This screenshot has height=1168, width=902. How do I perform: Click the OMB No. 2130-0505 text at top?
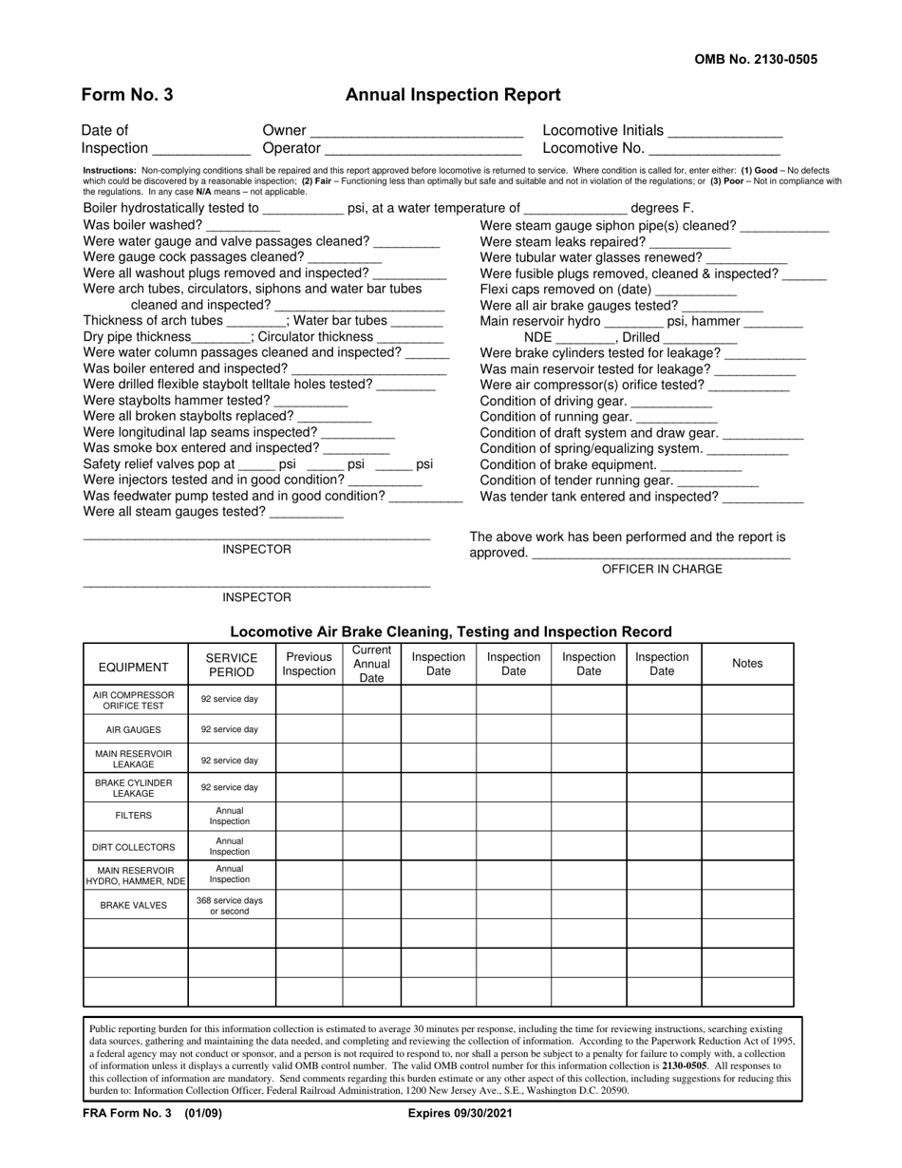coord(756,59)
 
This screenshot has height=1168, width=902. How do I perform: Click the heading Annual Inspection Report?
coord(453,95)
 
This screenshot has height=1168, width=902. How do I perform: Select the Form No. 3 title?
coord(127,95)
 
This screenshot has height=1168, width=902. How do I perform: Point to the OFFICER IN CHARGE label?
coord(662,569)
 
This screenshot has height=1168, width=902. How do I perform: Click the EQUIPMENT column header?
coord(134,666)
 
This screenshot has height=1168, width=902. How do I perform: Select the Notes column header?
coord(747,664)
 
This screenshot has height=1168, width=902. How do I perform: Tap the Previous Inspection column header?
coord(309,664)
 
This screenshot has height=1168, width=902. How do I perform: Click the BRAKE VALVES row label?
coord(134,905)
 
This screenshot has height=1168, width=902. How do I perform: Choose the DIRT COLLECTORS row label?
coord(134,847)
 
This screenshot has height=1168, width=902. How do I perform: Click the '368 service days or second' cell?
coord(230,905)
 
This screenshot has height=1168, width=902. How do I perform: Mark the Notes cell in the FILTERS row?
coord(747,817)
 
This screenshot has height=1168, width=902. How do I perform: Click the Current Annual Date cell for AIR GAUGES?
coord(371,729)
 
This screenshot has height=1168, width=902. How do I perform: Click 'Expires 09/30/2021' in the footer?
coord(460,1114)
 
